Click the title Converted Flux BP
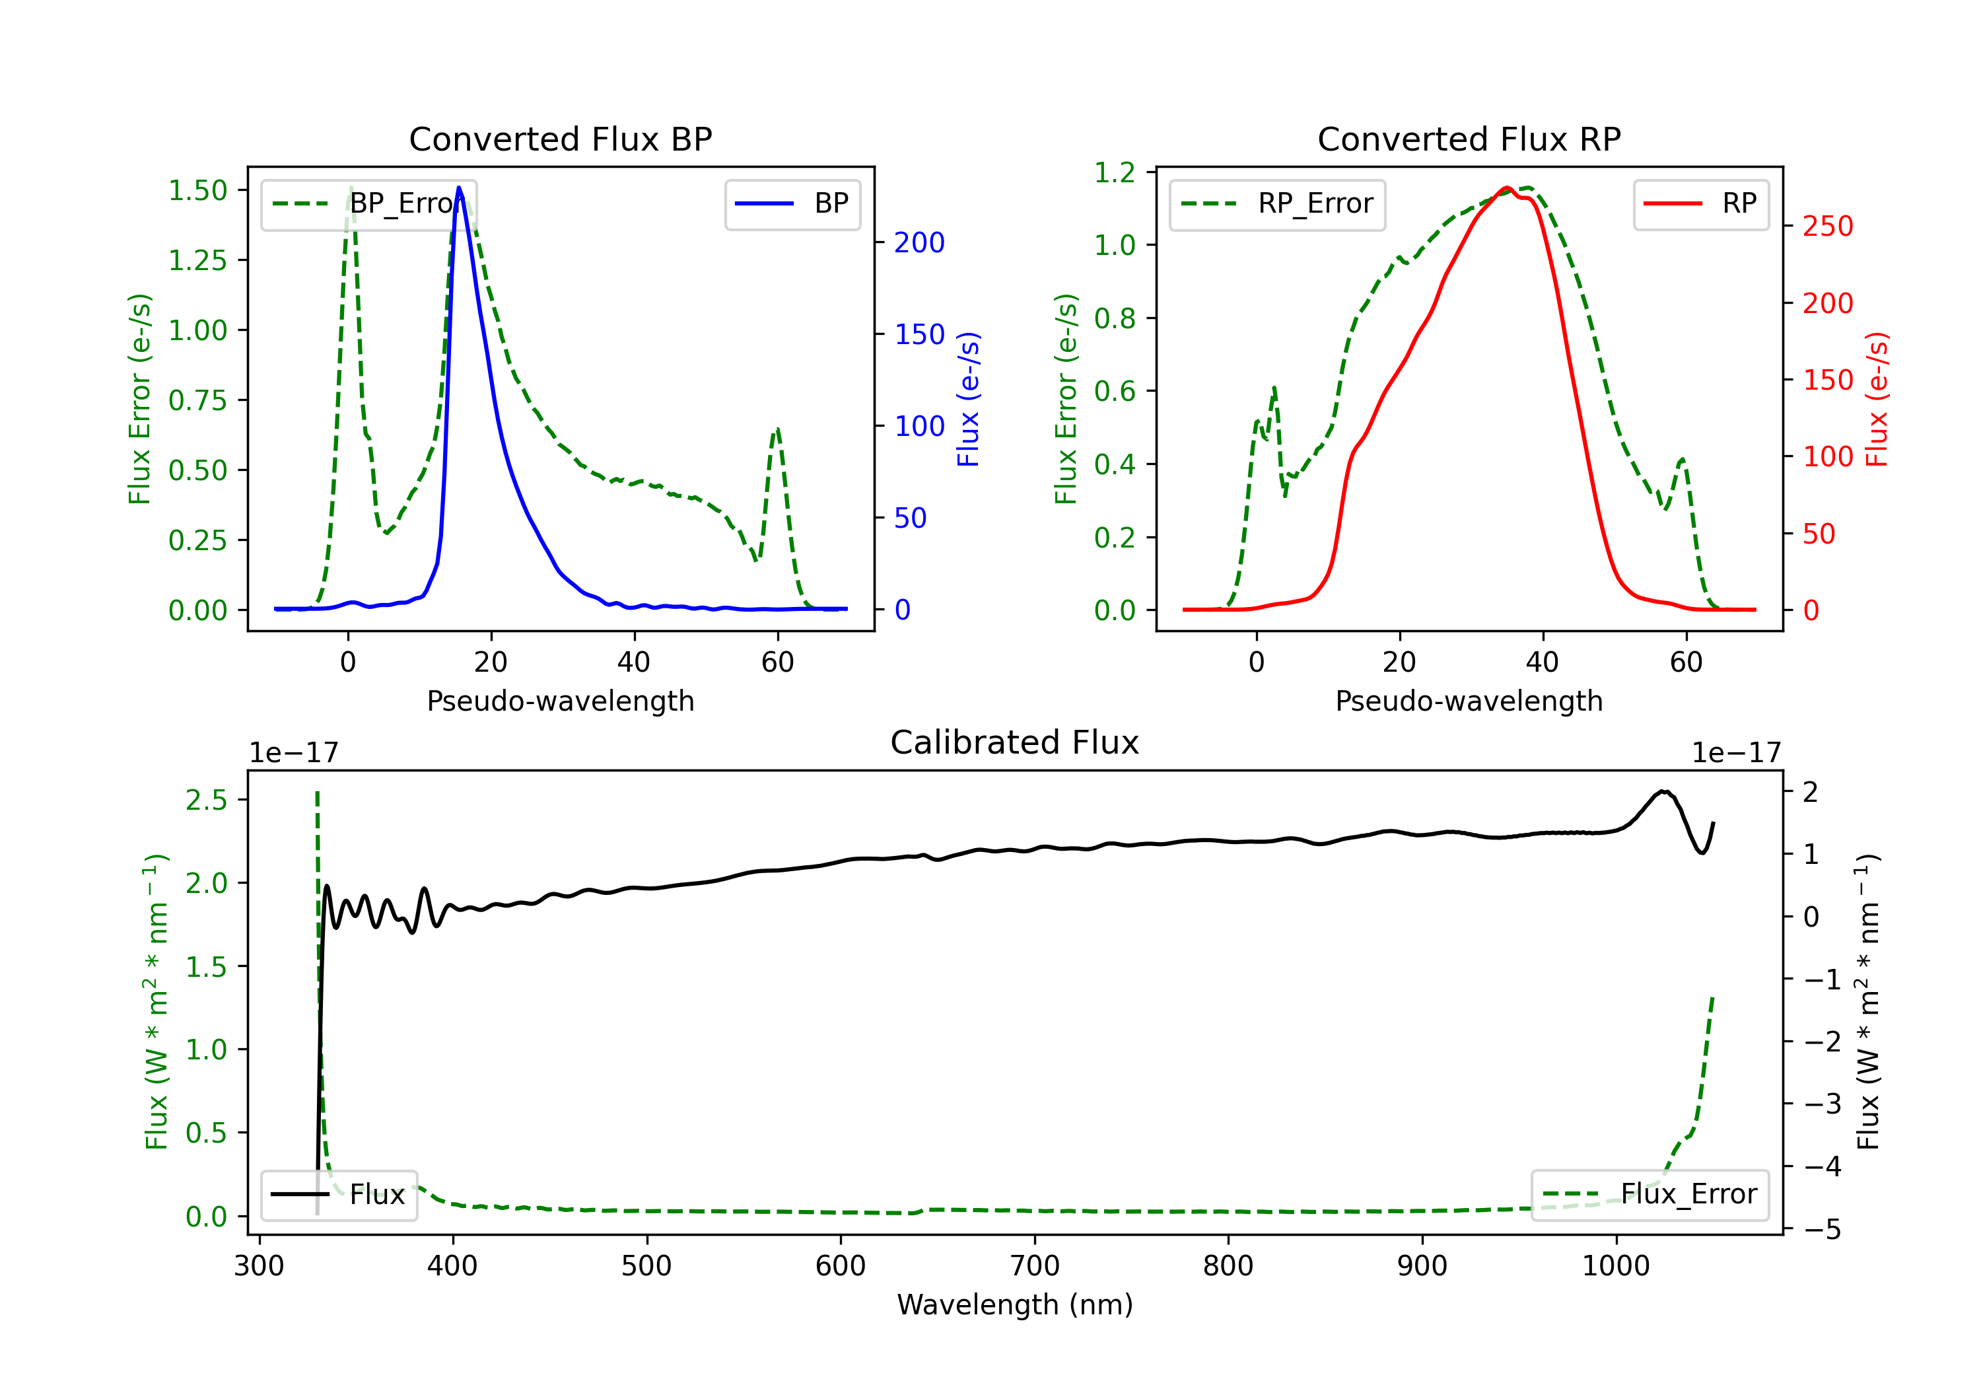pos(560,139)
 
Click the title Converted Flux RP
pos(1469,139)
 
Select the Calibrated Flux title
pos(1015,742)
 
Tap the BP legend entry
pos(792,203)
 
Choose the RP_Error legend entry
pos(1277,203)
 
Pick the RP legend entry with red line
pos(1700,203)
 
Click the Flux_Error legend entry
pos(1650,1195)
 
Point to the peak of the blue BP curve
pos(459,188)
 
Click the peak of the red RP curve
pos(1506,188)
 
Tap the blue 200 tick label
pos(920,242)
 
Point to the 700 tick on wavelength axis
pos(1035,1266)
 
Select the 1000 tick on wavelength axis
pos(1616,1266)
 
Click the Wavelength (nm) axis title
pos(1015,1305)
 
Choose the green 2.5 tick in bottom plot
pos(206,800)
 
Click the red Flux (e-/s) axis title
pos(1876,400)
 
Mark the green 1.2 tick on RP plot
pos(1115,172)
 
